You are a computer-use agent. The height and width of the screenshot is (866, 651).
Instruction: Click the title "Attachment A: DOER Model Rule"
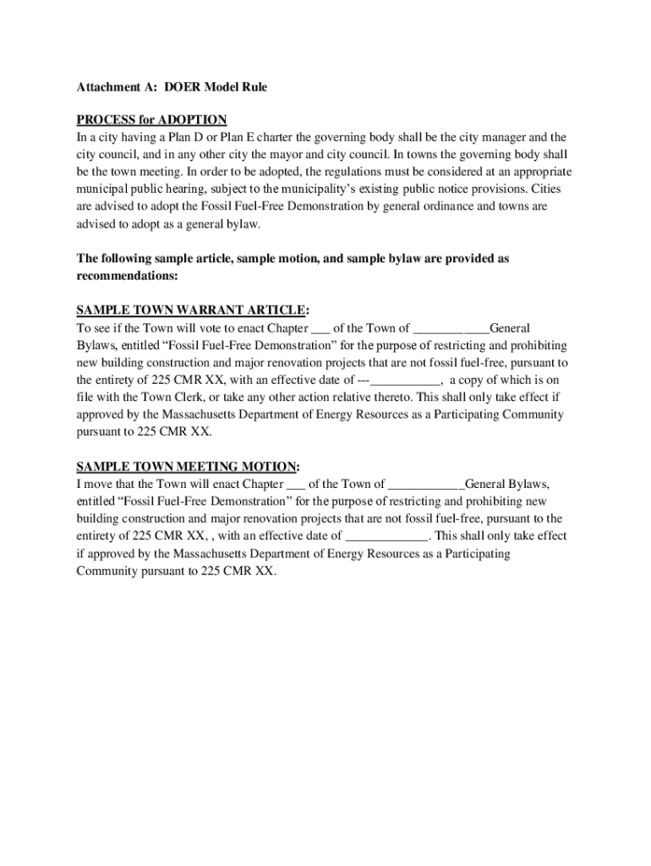coord(172,87)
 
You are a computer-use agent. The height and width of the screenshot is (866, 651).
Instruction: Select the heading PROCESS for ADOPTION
coord(151,120)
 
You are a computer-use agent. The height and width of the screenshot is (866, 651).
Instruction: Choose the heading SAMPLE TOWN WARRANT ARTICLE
coord(190,310)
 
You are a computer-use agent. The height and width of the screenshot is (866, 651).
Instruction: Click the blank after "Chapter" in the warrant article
coord(320,329)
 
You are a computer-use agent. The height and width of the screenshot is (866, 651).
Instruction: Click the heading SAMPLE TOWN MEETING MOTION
coord(187,466)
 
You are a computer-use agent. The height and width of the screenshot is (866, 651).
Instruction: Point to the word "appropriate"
coord(529,173)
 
